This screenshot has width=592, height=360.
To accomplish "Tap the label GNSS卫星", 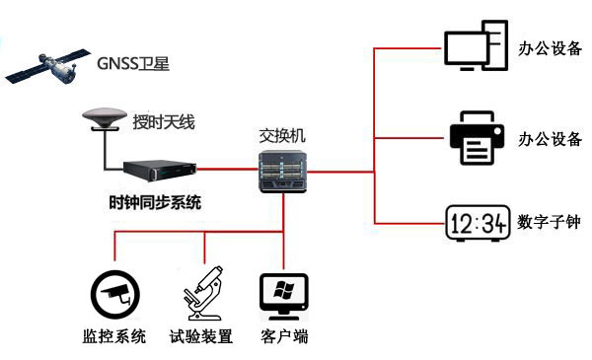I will pos(133,65).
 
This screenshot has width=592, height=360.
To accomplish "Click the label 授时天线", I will pos(164,123).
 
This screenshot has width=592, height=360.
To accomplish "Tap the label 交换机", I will pos(282,135).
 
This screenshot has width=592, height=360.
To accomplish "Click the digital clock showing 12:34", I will pos(477,224).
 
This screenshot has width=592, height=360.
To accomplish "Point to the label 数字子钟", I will pos(549,223).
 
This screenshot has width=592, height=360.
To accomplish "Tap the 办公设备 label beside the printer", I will pos(550,139).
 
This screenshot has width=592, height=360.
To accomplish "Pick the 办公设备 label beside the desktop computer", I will pos(550,46).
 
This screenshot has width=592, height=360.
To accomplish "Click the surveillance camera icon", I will pos(114,293).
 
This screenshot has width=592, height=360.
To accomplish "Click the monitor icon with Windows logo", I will pos(284,293).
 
